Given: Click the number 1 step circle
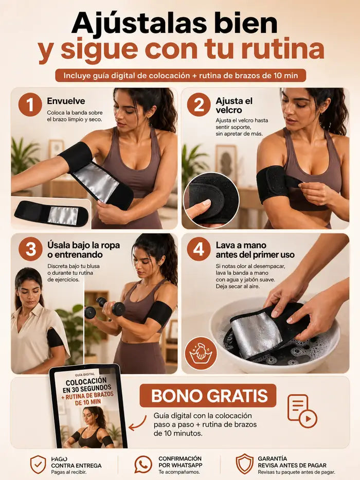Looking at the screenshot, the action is click(30, 104).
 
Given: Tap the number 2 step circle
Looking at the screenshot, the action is click(199, 104).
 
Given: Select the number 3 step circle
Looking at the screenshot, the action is click(30, 249).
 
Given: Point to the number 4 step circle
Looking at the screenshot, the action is click(199, 249).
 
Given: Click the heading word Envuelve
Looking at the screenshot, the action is click(66, 101).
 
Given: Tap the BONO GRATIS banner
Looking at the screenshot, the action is click(208, 396).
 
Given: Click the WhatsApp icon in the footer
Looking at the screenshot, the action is click(143, 465).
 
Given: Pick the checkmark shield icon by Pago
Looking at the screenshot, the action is click(38, 465).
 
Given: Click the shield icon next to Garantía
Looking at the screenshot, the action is click(245, 464).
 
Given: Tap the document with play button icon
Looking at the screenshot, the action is click(302, 411).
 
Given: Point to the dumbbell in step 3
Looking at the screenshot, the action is click(105, 307).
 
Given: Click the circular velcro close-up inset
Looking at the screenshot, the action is click(211, 200).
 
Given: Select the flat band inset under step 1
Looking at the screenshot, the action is click(51, 214).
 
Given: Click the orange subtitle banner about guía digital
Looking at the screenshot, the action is click(181, 76).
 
